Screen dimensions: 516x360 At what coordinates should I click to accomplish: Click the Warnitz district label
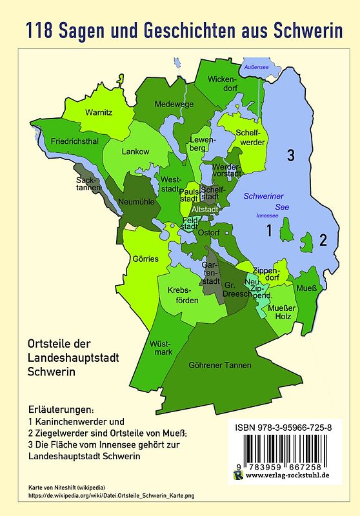tap(99, 113)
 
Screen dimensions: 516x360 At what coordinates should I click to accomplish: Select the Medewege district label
tap(173, 103)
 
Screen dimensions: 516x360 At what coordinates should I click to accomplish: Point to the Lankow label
tap(135, 152)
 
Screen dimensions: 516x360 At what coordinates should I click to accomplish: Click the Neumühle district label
tap(135, 202)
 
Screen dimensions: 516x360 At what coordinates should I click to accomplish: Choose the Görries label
tap(145, 259)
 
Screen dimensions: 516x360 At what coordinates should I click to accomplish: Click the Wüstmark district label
tap(161, 348)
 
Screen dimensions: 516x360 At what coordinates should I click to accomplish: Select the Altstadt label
tap(206, 210)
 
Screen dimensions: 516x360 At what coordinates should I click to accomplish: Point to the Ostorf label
tap(209, 232)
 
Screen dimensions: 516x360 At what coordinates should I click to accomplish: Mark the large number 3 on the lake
tap(291, 155)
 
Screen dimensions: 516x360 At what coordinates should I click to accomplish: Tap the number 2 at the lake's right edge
tap(324, 240)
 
